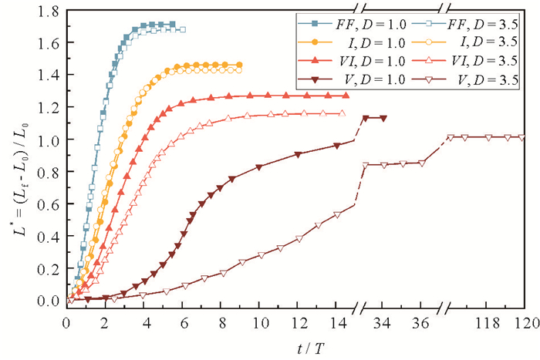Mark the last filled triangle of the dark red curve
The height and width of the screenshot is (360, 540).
[383, 118]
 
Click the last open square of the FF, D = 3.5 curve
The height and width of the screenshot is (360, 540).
[183, 29]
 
